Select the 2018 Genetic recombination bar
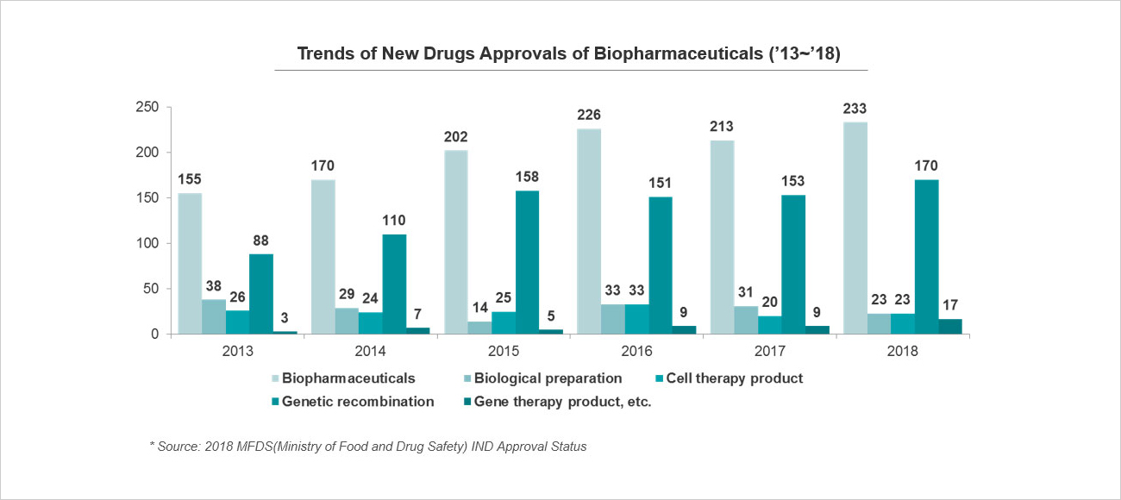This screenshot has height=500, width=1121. [x=927, y=256]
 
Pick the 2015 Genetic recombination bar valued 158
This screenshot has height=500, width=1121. [x=527, y=262]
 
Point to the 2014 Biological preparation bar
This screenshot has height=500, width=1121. [x=347, y=321]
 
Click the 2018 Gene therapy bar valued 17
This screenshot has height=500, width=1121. [x=950, y=326]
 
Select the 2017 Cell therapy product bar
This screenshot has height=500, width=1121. [x=770, y=325]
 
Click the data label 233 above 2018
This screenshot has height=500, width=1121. [x=880, y=109]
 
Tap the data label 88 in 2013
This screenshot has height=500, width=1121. [x=260, y=240]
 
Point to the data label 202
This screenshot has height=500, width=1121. [x=456, y=136]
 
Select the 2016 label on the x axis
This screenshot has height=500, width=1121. [x=636, y=352]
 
